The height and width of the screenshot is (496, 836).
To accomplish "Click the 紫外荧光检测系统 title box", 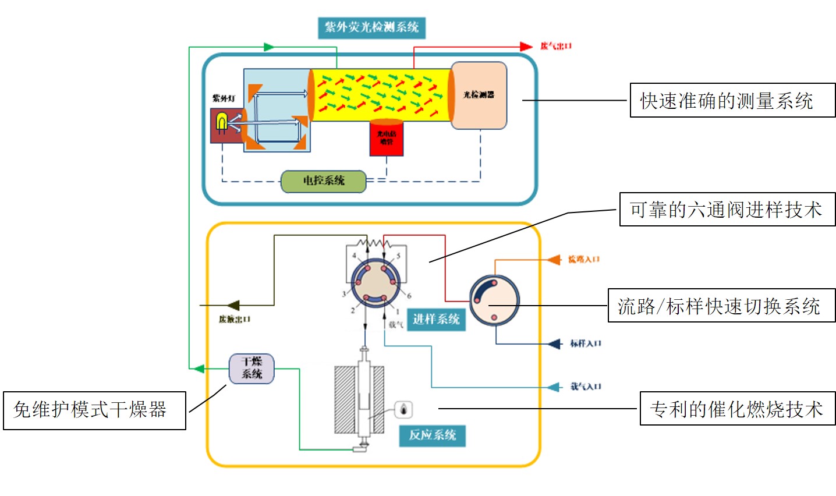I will [x=371, y=27].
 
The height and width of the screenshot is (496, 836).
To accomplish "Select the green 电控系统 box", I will [x=324, y=181].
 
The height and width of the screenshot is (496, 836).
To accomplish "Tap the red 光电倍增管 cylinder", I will [x=386, y=138].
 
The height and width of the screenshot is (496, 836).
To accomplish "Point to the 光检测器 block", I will [x=479, y=95].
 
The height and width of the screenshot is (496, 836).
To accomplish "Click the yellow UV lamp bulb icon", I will [x=221, y=122].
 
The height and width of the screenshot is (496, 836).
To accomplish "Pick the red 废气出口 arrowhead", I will [x=526, y=47].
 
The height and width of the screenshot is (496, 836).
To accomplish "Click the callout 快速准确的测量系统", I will [x=732, y=101].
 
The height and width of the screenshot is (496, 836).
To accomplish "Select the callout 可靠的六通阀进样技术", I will [x=727, y=210].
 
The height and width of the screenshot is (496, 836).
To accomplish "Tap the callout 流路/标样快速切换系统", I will [x=721, y=306].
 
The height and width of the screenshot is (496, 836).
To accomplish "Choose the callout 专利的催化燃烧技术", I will [x=737, y=409].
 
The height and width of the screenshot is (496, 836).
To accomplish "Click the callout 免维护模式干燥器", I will [x=94, y=410].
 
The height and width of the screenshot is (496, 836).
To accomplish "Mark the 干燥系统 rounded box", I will [x=251, y=368].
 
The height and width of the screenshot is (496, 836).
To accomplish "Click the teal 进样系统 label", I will [x=436, y=319].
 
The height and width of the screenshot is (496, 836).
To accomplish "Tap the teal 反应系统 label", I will [x=432, y=435].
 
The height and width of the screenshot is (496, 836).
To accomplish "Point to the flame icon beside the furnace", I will [x=404, y=409].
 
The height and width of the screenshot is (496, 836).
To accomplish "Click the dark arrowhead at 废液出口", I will [x=232, y=305].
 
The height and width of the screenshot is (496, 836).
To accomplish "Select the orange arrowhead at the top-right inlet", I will [x=554, y=260].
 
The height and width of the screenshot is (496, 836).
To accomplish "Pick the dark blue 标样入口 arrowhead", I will [x=555, y=343].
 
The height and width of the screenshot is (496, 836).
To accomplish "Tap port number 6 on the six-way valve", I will [x=409, y=296].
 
